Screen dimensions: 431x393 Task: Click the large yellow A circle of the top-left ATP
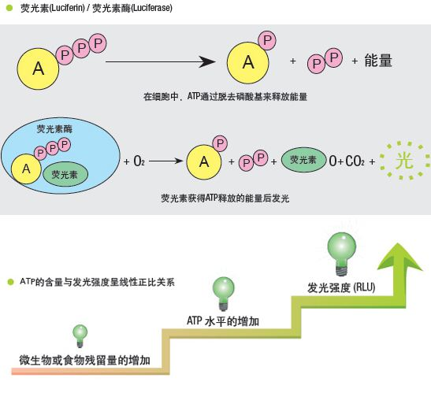(x=38, y=69)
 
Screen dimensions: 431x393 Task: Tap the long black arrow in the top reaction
(x=161, y=62)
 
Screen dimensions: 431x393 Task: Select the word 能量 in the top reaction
(x=378, y=61)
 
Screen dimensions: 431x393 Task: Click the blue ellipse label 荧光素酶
(x=54, y=128)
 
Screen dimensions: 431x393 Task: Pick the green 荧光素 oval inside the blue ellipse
(x=65, y=174)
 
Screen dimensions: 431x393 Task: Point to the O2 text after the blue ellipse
(x=139, y=161)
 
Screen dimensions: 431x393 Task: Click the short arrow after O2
(x=166, y=161)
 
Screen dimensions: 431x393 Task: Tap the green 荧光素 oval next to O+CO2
(x=303, y=160)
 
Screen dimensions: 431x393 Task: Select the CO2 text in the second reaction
(x=355, y=161)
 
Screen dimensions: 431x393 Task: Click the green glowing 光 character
(x=404, y=160)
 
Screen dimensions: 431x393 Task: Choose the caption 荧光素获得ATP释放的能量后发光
(x=225, y=198)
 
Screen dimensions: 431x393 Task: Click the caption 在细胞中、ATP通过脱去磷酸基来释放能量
(x=225, y=96)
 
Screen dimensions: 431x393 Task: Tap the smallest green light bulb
(x=80, y=336)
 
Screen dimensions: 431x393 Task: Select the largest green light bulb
(x=342, y=254)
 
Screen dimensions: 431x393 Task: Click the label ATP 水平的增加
(x=223, y=321)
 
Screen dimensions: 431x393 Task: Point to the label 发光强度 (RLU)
(x=341, y=287)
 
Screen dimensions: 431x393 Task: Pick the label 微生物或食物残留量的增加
(x=84, y=360)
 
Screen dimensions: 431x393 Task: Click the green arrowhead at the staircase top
(x=399, y=257)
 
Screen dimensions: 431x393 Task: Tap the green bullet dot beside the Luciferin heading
(x=9, y=8)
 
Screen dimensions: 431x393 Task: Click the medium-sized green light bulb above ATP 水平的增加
(x=224, y=294)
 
